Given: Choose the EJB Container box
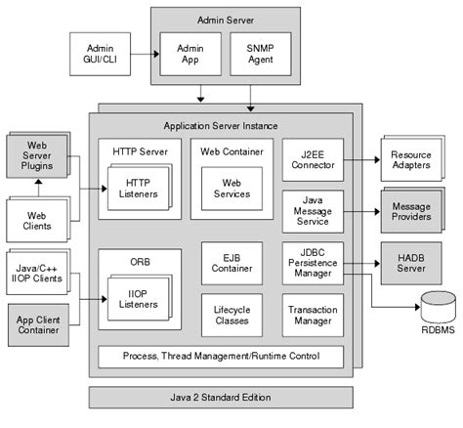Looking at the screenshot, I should point(231,262).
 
